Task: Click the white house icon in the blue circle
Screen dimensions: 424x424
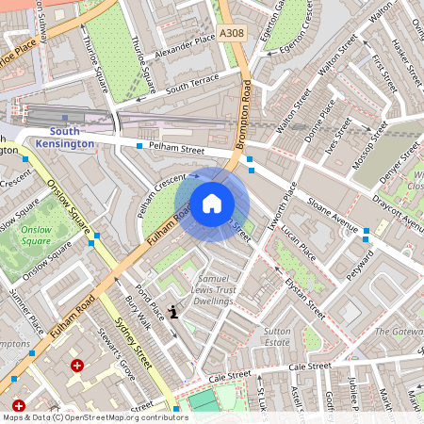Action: (212, 203)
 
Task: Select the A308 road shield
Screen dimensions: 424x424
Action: (231, 33)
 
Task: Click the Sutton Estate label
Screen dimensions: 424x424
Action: (276, 338)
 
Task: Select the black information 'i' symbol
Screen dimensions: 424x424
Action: (171, 310)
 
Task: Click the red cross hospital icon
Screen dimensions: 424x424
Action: (77, 365)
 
